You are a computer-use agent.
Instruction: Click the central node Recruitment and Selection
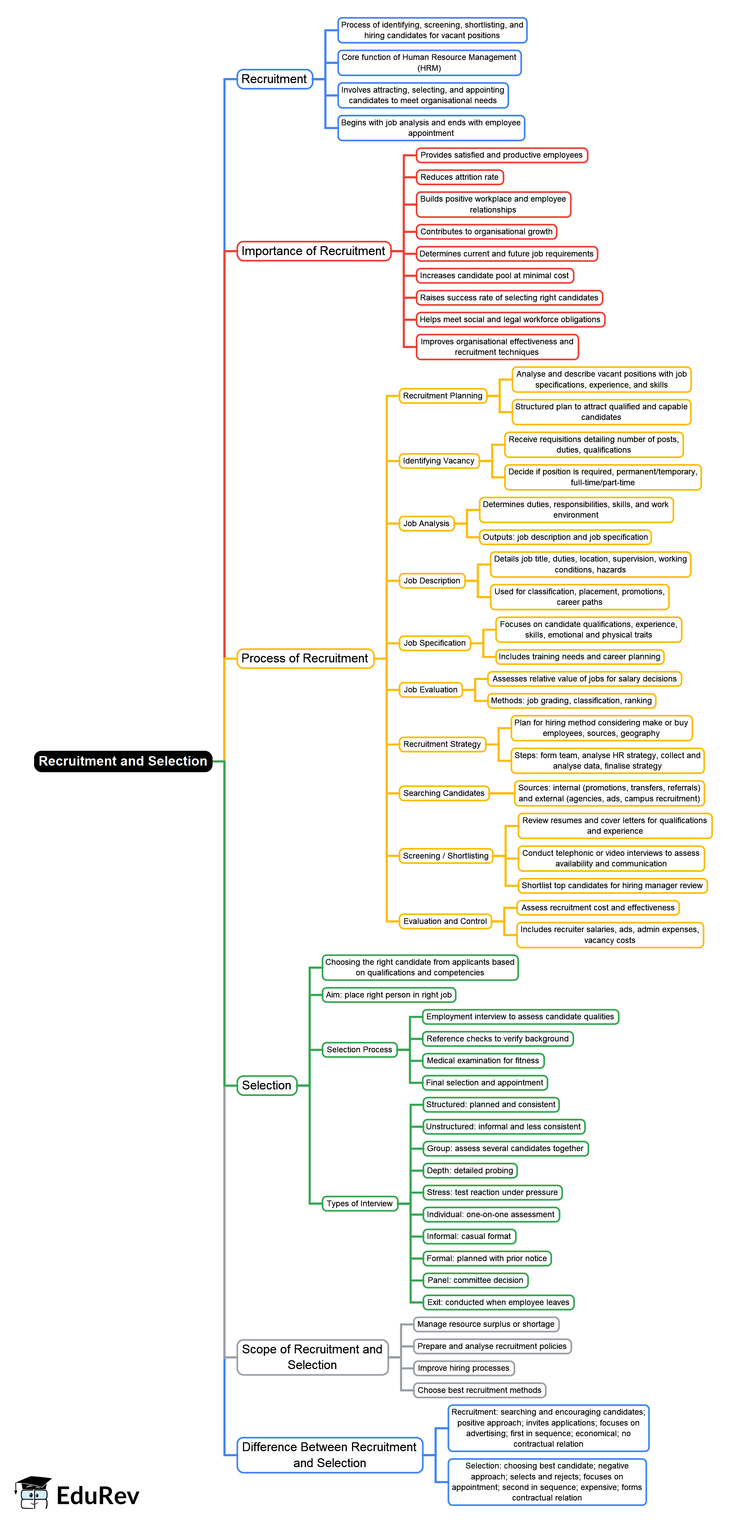123,761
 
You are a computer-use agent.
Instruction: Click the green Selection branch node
267,1085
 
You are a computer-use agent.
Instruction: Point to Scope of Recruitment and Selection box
312,1357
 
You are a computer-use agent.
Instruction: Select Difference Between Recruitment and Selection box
330,1455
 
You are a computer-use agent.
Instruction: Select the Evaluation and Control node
445,921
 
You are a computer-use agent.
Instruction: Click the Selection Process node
360,1049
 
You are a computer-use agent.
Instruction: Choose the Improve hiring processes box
464,1368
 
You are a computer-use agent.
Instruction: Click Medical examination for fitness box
483,1061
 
